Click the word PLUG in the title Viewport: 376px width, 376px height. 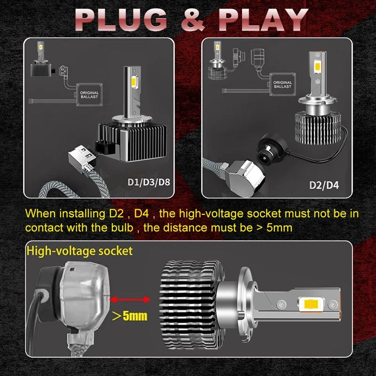coord(121,20)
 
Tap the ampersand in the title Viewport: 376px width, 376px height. coord(193,20)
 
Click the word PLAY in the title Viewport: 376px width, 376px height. coord(263,20)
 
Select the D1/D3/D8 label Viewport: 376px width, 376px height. coord(149,182)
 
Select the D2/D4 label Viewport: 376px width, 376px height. coord(324,185)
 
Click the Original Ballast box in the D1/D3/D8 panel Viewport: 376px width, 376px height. coord(89,95)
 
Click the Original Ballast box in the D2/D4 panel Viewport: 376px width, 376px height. coord(282,85)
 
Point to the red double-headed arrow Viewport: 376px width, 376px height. coord(130,299)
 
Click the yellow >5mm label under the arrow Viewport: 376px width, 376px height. coord(130,315)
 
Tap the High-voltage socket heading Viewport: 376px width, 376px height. coord(79,251)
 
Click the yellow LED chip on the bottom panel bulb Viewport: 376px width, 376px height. coord(310,304)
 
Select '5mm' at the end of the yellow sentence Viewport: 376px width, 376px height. coord(279,227)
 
